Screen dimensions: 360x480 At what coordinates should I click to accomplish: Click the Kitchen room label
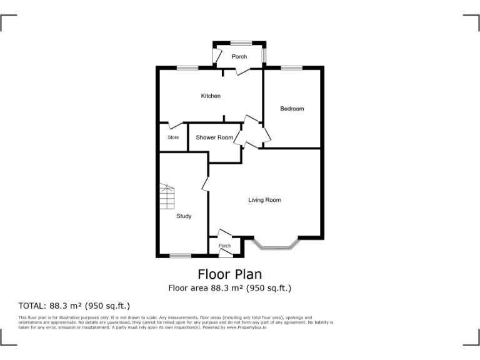coord(211,96)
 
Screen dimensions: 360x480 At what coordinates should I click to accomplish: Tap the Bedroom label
coord(292,109)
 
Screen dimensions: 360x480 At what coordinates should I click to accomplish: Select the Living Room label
coord(264,200)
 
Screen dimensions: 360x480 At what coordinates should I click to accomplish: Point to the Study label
coord(184,216)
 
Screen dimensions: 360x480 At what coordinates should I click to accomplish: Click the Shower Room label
coord(214,137)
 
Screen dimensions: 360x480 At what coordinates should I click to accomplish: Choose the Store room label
coord(173,137)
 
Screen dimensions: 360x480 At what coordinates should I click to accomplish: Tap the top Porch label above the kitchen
coord(239,57)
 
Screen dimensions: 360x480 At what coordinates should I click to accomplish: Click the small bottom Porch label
coord(224,246)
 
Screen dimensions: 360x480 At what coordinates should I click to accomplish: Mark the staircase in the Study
coord(167,196)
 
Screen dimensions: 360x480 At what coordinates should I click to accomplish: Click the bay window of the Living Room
coord(276,246)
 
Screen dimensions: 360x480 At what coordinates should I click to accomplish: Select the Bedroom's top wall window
coord(291,67)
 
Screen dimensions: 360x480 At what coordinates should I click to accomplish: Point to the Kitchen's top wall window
coord(187,67)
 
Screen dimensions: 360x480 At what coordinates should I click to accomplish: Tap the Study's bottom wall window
coord(181,255)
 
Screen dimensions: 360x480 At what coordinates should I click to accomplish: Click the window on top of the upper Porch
coord(241,43)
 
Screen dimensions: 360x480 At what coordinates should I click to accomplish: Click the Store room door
coord(174,125)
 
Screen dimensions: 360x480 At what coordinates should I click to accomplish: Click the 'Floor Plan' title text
coord(229,274)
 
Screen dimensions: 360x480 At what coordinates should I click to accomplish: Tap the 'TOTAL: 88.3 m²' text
coord(74,306)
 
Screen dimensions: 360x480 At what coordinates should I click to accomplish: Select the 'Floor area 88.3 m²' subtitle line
coord(229,288)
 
